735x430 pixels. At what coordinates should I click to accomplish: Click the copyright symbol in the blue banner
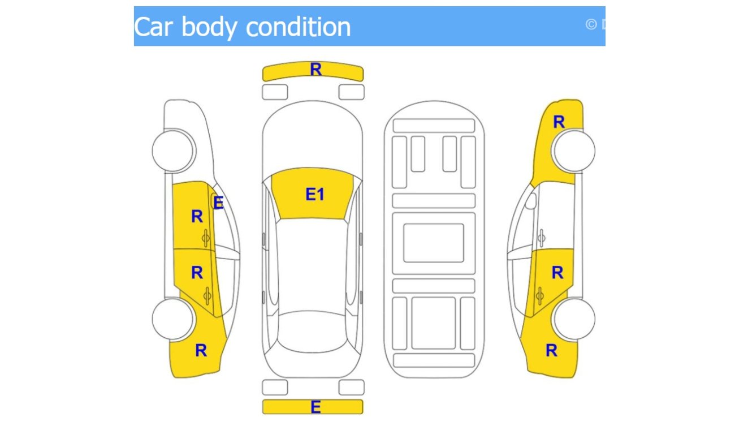click(x=591, y=24)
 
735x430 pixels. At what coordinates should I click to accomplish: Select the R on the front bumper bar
click(x=315, y=70)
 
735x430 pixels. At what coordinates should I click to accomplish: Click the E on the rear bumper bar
click(x=315, y=407)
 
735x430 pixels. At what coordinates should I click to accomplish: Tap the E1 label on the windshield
click(x=315, y=195)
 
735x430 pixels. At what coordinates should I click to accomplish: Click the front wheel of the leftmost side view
click(x=174, y=150)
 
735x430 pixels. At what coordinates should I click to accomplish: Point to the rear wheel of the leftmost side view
click(x=174, y=319)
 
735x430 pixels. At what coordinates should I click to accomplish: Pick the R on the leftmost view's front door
click(x=197, y=216)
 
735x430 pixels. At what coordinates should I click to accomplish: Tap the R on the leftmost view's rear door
click(x=197, y=273)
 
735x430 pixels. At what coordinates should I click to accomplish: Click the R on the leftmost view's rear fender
click(x=201, y=351)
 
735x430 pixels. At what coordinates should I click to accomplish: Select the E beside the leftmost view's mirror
click(x=219, y=203)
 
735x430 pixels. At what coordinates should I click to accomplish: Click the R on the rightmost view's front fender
click(x=559, y=122)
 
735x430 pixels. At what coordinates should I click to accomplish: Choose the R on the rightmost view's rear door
click(x=557, y=273)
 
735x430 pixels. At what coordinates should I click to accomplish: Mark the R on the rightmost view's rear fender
click(x=551, y=351)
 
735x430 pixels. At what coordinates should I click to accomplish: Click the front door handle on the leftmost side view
click(x=206, y=239)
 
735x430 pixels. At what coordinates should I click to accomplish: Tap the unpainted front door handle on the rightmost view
click(x=541, y=238)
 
